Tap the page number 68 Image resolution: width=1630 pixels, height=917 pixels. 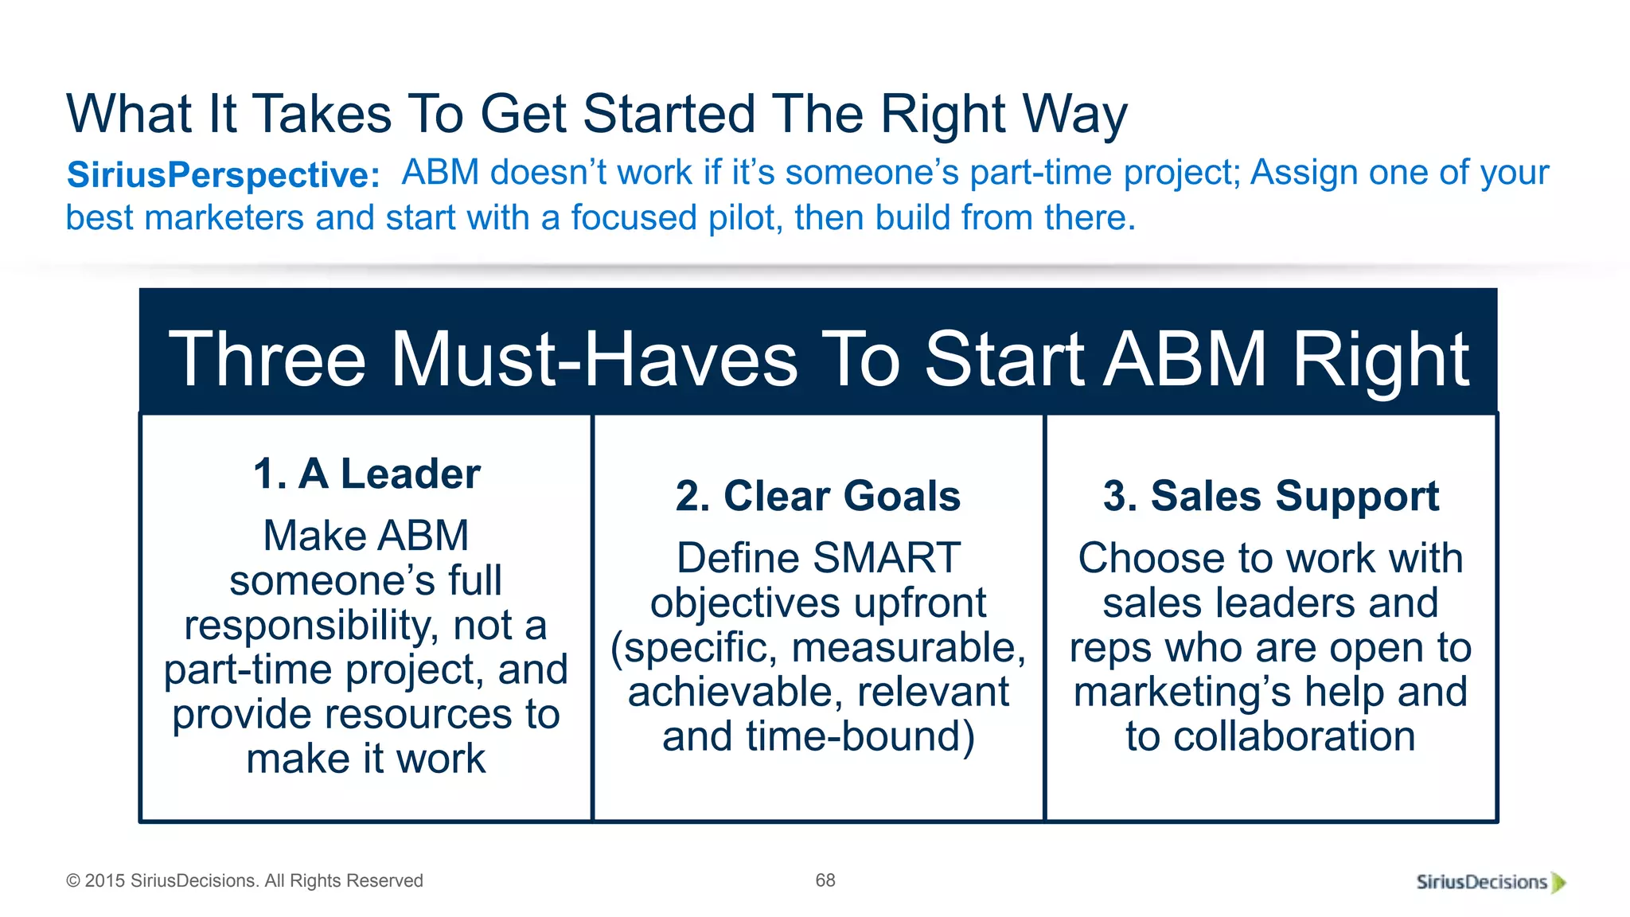coord(825,880)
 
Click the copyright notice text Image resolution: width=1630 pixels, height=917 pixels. coord(244,881)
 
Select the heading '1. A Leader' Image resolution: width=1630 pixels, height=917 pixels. coord(366,474)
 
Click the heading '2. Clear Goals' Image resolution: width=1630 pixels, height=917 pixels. coord(818,497)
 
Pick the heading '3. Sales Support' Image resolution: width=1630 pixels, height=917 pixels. coord(1271,497)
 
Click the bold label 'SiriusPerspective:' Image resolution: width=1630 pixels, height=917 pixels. coord(224,175)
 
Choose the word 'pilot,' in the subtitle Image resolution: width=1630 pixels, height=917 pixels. coord(745,218)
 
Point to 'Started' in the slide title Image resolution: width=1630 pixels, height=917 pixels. coord(669,114)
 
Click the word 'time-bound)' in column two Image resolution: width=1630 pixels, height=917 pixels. coord(860,737)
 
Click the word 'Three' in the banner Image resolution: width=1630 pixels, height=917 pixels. coord(267,360)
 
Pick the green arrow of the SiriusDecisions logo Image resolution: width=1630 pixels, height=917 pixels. coord(1558,883)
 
